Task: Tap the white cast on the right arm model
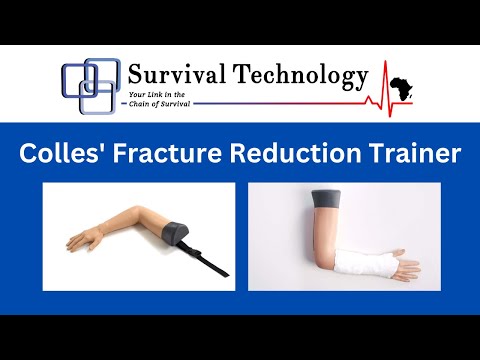[360, 265]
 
